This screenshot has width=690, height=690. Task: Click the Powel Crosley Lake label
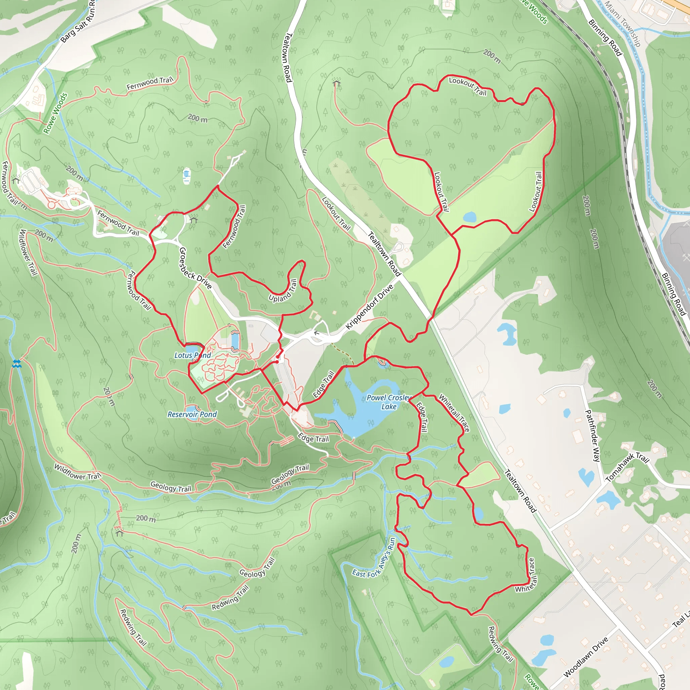click(389, 402)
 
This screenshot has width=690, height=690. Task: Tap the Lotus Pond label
click(192, 355)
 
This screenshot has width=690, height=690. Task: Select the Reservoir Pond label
click(192, 414)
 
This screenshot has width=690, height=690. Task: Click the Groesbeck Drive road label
click(195, 268)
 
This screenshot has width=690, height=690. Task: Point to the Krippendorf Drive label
click(369, 307)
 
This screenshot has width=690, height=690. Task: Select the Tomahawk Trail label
click(627, 467)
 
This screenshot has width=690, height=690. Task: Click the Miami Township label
click(623, 24)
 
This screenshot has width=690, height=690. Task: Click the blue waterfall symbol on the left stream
click(17, 364)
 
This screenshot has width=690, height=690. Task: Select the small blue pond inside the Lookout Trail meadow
click(469, 217)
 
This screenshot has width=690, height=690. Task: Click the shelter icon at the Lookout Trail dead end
click(336, 83)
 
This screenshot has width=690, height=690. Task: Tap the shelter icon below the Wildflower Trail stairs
click(119, 533)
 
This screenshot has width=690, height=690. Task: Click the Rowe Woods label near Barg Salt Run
click(55, 113)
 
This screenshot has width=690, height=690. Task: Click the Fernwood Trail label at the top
click(150, 83)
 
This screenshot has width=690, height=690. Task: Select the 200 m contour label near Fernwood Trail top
click(197, 118)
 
